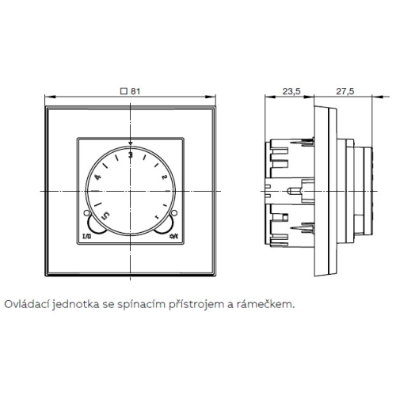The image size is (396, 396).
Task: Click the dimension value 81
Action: [x=135, y=91]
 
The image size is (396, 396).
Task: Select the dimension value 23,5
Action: [x=291, y=91]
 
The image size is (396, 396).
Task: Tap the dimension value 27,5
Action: [x=345, y=91]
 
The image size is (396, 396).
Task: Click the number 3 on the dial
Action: [x=130, y=155]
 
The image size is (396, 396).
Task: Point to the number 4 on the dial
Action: [x=98, y=177]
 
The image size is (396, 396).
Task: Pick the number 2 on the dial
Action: [x=164, y=177]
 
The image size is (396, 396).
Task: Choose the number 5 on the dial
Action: [x=106, y=215]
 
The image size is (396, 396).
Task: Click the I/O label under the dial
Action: [x=87, y=236]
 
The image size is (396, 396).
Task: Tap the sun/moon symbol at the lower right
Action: [x=173, y=236]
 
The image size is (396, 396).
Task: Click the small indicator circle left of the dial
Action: [x=86, y=213]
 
